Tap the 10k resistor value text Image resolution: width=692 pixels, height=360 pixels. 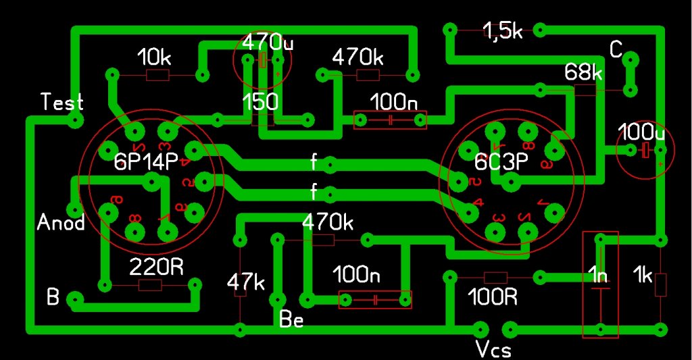point(154,57)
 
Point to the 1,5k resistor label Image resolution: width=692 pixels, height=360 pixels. point(502,31)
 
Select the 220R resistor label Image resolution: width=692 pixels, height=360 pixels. point(156,267)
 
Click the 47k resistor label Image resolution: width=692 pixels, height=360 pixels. point(245,282)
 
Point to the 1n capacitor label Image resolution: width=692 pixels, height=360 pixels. point(599,276)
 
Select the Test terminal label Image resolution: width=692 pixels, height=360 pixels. point(62,102)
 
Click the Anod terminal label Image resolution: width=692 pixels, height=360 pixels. point(61,222)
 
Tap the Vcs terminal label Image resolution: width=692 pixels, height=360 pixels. point(493,349)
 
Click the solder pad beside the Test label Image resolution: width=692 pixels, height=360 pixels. point(76,122)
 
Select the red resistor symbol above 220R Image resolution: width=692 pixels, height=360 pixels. point(150,285)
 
